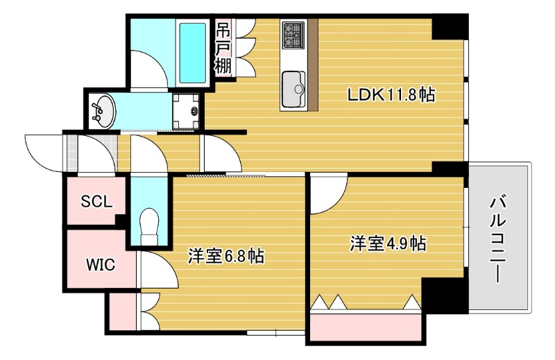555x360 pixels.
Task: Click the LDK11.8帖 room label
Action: coord(391,95)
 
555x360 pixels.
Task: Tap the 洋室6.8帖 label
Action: coord(225,256)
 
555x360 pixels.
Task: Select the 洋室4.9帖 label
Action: coord(387,243)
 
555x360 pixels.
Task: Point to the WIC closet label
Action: coord(101,264)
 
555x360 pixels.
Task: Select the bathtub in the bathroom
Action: coord(191,51)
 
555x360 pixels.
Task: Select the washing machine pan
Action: coord(186,110)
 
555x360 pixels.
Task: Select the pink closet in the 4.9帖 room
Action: coord(366,326)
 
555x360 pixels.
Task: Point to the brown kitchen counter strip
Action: coord(313,65)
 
